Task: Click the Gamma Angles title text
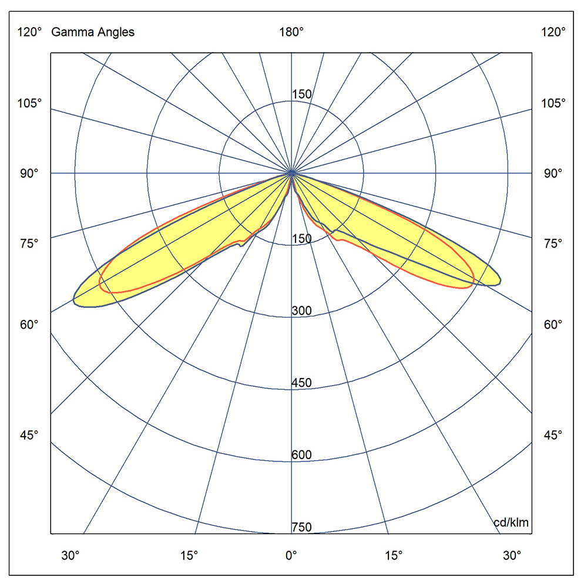[x=93, y=32]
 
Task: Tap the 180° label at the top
[x=291, y=32]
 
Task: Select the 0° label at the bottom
[x=291, y=555]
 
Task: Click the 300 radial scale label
[x=301, y=311]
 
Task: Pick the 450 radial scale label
[x=301, y=383]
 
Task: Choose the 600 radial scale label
[x=301, y=455]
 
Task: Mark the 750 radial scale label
[x=301, y=527]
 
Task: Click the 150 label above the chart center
[x=302, y=95]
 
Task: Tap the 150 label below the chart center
[x=302, y=238]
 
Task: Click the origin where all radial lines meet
[x=291, y=173]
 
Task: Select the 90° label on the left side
[x=30, y=173]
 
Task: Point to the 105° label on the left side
[x=30, y=103]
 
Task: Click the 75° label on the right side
[x=553, y=243]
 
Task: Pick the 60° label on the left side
[x=30, y=324]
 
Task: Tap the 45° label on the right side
[x=553, y=435]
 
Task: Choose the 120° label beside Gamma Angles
[x=30, y=32]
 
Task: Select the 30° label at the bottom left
[x=71, y=555]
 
